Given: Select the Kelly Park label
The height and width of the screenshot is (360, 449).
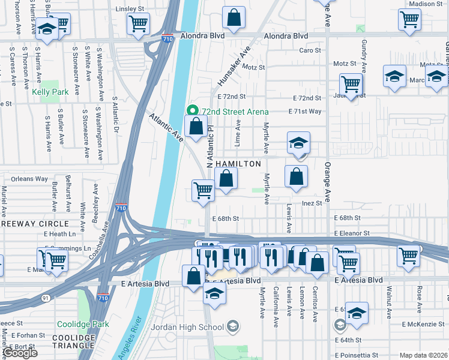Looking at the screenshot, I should pyautogui.click(x=50, y=92).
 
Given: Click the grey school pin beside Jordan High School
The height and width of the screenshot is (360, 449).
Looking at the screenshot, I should pyautogui.click(x=233, y=327).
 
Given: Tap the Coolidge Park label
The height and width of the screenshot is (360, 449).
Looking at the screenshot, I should pyautogui.click(x=83, y=324).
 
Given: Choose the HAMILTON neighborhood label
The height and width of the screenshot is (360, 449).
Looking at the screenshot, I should pyautogui.click(x=238, y=164).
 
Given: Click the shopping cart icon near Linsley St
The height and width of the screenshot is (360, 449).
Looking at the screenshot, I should pyautogui.click(x=138, y=24).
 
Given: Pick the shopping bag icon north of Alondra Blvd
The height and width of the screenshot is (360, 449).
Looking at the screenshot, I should pyautogui.click(x=234, y=17).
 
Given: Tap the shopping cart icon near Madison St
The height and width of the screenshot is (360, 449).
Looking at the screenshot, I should pyautogui.click(x=409, y=19).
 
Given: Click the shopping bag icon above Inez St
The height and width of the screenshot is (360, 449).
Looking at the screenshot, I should pyautogui.click(x=296, y=177).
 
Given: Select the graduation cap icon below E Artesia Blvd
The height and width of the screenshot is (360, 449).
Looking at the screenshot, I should pyautogui.click(x=214, y=293).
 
